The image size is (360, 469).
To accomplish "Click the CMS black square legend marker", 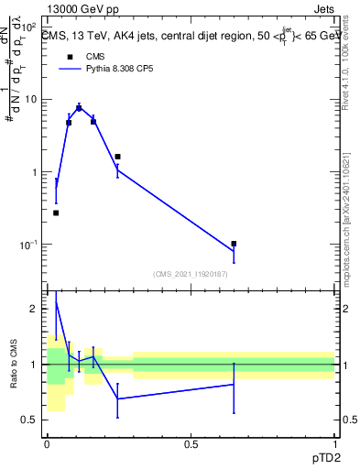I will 70,57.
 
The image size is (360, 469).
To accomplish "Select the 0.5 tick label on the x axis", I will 191,444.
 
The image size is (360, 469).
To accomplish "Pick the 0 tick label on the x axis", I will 47,444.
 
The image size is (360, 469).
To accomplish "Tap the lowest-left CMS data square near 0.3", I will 56,213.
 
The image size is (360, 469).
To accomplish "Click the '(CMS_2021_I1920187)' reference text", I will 191,274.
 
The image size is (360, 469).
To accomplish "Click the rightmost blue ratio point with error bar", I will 234,385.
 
